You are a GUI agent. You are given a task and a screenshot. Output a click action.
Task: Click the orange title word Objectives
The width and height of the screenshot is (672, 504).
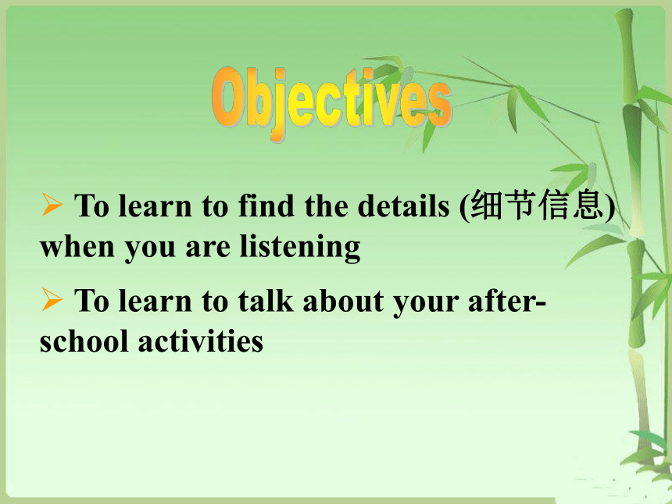332,103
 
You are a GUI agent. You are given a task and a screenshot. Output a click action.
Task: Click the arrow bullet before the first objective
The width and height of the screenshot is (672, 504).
52,205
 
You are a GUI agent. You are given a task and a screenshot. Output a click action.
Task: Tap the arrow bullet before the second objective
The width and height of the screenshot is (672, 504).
52,299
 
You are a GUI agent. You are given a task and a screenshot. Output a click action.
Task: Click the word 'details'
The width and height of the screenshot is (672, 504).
403,206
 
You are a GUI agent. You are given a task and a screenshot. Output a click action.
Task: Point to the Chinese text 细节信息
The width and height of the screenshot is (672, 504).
537,206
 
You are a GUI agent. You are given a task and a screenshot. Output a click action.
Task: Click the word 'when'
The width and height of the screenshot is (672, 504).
77,247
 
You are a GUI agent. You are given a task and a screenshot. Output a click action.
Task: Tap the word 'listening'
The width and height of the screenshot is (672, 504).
299,248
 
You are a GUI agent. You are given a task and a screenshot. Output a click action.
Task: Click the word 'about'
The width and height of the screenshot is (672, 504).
343,300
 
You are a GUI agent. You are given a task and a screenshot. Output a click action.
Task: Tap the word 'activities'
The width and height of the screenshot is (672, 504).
201,341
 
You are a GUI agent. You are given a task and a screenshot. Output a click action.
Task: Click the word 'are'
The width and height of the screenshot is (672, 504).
208,249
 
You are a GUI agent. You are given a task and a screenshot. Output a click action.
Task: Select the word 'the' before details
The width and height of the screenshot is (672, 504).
327,206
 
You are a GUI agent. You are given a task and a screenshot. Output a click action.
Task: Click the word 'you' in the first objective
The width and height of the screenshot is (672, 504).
150,250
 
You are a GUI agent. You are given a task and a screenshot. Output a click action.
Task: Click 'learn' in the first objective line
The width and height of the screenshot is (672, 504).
155,206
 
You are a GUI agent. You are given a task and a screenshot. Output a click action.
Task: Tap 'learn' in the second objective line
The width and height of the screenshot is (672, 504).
155,300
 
